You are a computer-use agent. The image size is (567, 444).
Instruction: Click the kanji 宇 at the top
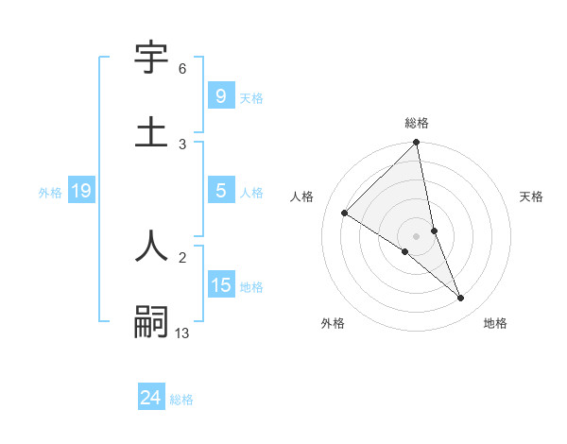151,58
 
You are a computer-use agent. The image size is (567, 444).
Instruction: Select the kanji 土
151,131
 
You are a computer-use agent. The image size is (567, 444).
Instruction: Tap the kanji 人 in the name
151,245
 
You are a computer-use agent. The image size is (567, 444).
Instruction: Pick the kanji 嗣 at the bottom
151,320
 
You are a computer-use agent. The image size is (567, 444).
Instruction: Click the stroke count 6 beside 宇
182,69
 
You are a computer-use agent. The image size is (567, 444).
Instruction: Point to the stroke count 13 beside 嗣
182,332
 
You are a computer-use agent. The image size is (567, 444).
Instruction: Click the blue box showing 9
220,95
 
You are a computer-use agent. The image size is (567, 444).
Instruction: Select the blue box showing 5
220,191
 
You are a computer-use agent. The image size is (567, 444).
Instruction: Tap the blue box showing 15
220,285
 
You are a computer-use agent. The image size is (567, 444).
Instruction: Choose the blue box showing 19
81,191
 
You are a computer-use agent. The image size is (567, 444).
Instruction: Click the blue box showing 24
150,398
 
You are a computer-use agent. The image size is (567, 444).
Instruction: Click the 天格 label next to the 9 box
251,97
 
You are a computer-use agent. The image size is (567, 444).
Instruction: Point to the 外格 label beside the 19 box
50,193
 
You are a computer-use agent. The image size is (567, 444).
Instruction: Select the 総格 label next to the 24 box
181,400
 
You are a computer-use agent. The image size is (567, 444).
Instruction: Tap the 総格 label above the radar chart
417,123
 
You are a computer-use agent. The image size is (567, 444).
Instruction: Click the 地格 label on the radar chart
495,323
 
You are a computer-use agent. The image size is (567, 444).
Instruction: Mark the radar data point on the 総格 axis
417,143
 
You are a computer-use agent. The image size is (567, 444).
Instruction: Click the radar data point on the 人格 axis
345,213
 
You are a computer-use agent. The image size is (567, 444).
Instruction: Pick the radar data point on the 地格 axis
461,298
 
